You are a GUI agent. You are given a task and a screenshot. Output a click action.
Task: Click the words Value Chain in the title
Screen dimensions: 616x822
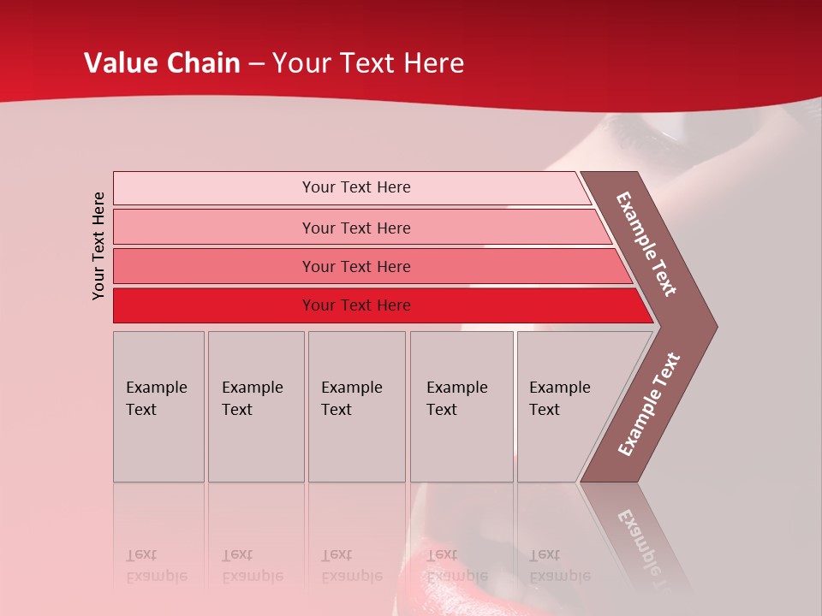[162, 63]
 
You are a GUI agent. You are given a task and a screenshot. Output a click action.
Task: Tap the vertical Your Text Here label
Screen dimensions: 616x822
[98, 246]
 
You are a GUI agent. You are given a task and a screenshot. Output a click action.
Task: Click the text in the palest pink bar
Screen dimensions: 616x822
[356, 187]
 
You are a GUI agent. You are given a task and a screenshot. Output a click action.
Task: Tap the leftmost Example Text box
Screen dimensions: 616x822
[158, 406]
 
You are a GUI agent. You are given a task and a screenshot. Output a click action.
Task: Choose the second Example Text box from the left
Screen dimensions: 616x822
[255, 406]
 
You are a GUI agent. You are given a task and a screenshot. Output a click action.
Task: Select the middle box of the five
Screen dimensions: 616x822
[356, 406]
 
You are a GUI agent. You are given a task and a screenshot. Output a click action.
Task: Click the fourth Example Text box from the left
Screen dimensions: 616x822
[461, 406]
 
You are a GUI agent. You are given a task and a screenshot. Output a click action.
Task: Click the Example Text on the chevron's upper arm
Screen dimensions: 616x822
[646, 244]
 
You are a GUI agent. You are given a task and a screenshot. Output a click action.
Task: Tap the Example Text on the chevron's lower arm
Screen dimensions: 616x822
[649, 405]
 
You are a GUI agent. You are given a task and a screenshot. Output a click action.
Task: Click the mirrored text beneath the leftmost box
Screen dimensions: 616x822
[157, 566]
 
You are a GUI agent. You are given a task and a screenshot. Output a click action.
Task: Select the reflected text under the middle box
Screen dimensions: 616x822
[352, 566]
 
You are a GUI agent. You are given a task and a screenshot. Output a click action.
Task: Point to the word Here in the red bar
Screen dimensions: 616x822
[394, 305]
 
